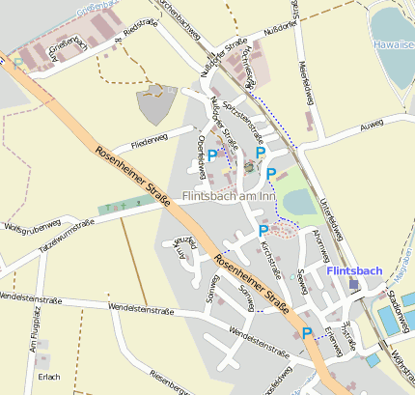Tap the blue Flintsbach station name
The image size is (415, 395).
pos(354,270)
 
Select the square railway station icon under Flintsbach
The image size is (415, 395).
pos(354,284)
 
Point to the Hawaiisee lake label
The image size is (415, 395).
pos(395,44)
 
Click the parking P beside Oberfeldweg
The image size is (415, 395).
pos(212,155)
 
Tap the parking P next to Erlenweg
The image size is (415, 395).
pos(307,333)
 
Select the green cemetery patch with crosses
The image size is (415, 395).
pos(124,205)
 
